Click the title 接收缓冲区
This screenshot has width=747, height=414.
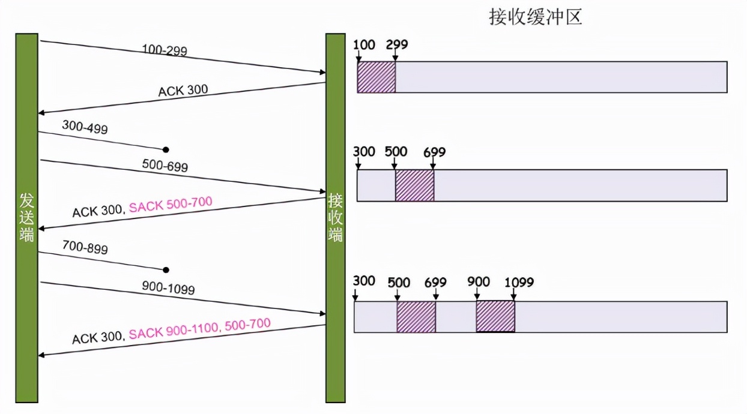536,17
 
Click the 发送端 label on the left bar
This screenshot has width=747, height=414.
26,218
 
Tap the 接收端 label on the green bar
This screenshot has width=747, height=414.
335,218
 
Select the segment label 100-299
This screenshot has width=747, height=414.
165,50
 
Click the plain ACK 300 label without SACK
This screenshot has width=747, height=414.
183,91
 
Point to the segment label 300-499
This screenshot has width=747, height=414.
85,127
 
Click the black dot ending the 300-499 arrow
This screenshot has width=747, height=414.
166,149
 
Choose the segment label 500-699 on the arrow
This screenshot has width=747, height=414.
165,165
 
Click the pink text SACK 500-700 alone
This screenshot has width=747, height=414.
171,204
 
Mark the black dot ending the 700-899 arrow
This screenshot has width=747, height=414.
166,270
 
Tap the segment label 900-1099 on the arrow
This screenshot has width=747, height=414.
169,289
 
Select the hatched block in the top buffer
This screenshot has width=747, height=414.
377,77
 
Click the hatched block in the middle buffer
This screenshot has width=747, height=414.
414,185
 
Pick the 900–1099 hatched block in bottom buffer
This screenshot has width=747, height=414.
495,316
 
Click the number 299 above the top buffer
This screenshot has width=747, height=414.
397,45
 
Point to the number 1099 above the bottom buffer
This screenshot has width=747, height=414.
519,282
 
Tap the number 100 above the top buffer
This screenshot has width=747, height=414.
364,45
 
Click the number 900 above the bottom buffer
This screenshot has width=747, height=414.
479,282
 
